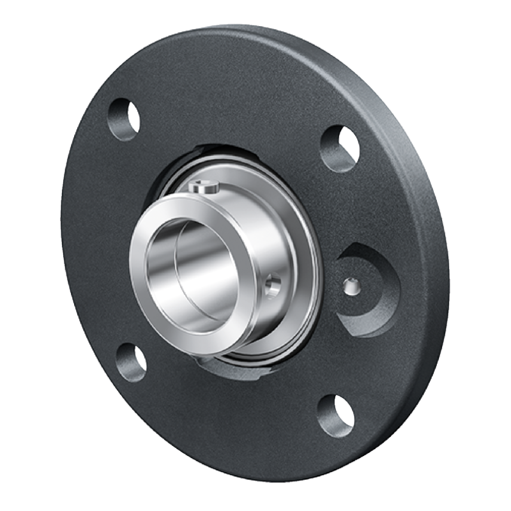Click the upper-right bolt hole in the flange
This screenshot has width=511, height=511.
[x=340, y=148]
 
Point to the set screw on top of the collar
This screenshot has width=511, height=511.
[x=204, y=188]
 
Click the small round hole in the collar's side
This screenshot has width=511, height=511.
[x=273, y=286]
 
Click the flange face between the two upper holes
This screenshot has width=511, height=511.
[x=236, y=96]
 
